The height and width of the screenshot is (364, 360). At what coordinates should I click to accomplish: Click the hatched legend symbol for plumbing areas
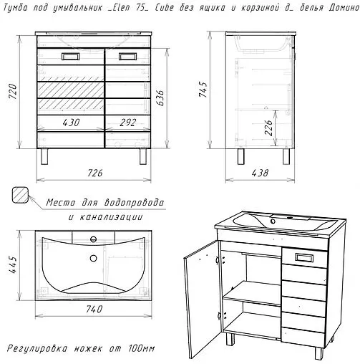click(x=21, y=197)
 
